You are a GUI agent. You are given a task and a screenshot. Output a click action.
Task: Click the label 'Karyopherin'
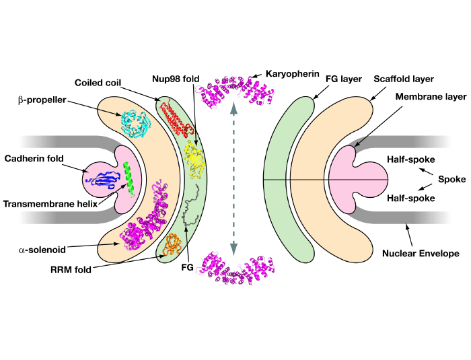[290, 72]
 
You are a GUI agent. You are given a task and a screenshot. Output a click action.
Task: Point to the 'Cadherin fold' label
[34, 159]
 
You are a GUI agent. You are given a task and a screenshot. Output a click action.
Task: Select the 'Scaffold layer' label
[404, 79]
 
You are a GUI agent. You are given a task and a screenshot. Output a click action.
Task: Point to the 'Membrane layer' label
[431, 97]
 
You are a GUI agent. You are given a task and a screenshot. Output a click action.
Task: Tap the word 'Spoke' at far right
[451, 179]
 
